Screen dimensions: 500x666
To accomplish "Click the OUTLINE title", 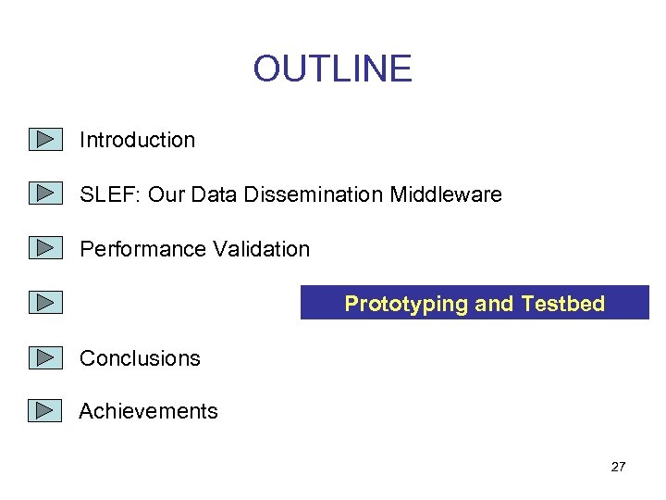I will [x=332, y=69].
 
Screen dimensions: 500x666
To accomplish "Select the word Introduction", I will [x=137, y=140].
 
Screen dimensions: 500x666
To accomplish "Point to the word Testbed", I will [x=562, y=304].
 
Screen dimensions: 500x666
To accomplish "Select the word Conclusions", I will [x=140, y=358].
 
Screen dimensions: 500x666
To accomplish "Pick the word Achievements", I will [x=148, y=411].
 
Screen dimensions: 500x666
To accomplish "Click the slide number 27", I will [x=618, y=467].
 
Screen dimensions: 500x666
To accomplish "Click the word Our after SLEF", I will [x=166, y=194].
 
